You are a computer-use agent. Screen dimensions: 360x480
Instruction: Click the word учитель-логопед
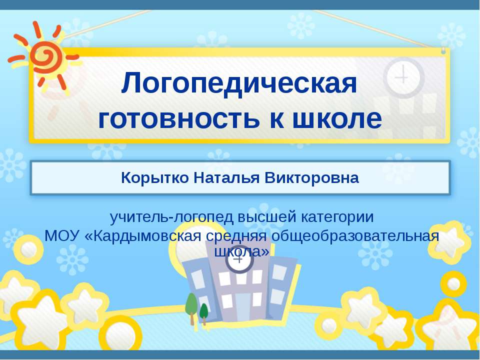171,218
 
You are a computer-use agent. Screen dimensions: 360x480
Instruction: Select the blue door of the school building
242,306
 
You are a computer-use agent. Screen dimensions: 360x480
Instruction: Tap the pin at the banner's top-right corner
443,50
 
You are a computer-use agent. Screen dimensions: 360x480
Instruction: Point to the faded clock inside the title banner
403,77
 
